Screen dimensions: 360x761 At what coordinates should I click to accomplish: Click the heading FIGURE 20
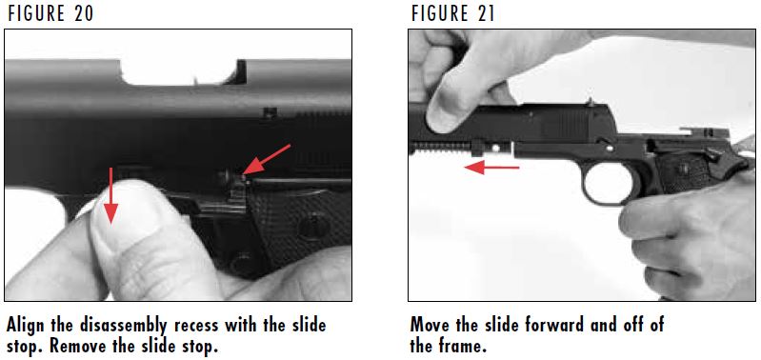point(50,12)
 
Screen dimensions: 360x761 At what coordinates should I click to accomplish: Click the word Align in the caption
point(27,326)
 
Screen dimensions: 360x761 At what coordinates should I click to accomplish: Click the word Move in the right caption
point(431,326)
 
